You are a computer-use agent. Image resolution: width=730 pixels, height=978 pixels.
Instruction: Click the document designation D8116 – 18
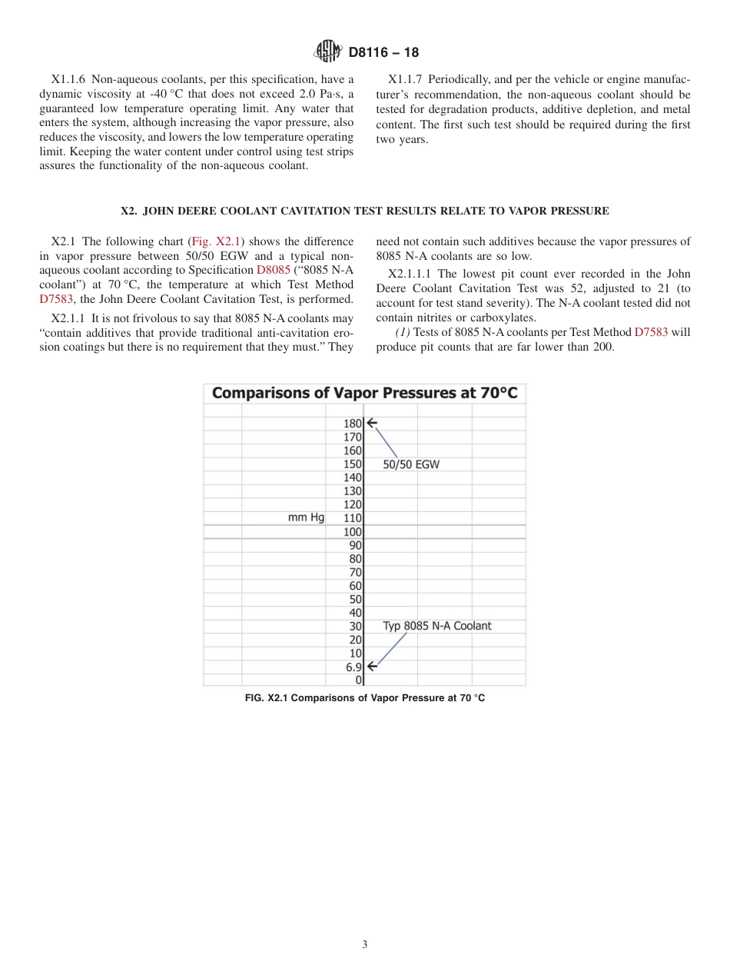(x=383, y=53)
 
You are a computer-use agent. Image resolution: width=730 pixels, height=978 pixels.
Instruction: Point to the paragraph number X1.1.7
(x=406, y=79)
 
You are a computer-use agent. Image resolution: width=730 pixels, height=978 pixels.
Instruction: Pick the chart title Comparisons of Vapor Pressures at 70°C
(x=364, y=393)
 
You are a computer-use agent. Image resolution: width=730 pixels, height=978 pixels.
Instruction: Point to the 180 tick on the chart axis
(x=352, y=423)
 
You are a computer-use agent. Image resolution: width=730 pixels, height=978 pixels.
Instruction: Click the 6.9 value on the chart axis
(x=353, y=667)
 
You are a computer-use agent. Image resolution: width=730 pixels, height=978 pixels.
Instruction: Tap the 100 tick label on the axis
(x=352, y=531)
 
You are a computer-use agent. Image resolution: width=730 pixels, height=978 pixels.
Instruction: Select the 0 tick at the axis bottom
(x=358, y=680)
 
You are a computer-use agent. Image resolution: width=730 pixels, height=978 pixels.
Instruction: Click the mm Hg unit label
(x=306, y=517)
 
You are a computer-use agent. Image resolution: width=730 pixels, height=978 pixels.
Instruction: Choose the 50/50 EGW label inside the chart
(x=411, y=464)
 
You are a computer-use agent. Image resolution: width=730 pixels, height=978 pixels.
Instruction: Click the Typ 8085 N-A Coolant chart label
(x=436, y=626)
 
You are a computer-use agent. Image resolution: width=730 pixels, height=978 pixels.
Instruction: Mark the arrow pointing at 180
(x=372, y=423)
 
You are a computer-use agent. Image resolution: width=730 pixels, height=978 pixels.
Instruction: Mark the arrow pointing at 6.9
(x=372, y=667)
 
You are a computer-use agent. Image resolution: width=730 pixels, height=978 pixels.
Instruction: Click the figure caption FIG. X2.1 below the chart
(x=364, y=698)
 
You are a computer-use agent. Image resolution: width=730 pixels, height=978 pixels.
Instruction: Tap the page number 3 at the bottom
(x=365, y=945)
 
